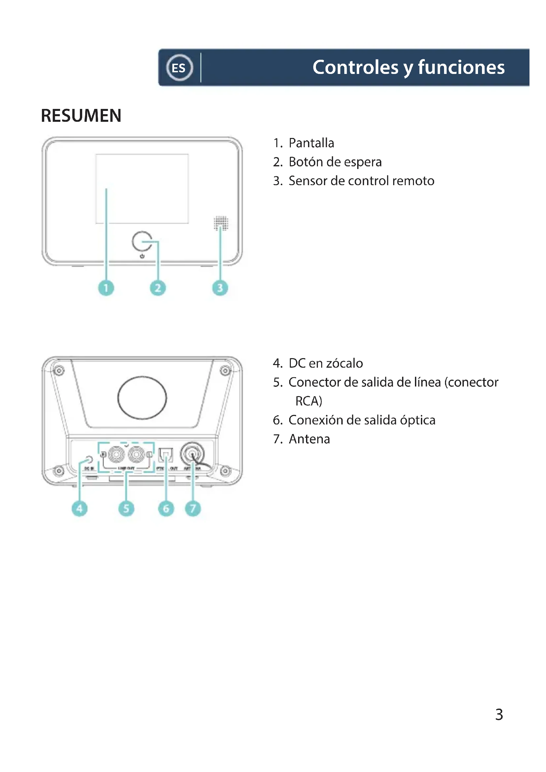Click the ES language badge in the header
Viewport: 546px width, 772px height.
point(180,68)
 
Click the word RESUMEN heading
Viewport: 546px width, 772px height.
point(81,116)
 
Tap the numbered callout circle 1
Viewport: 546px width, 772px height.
point(106,288)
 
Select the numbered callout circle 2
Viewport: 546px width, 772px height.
point(158,288)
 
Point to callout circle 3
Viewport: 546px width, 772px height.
point(220,288)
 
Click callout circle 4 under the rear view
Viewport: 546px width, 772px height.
point(80,508)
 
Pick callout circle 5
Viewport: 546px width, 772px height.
point(126,508)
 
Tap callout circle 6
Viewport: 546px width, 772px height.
point(166,508)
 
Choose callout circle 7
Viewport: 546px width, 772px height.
point(193,508)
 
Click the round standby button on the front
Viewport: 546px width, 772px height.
point(142,241)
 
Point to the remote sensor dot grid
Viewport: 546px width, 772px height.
point(221,223)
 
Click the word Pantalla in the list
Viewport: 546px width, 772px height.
point(311,143)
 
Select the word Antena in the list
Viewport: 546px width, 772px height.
point(309,439)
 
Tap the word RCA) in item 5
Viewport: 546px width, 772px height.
point(309,401)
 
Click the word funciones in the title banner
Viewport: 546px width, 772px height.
point(461,67)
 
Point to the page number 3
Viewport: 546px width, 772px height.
point(499,715)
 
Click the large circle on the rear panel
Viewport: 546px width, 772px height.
point(142,398)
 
